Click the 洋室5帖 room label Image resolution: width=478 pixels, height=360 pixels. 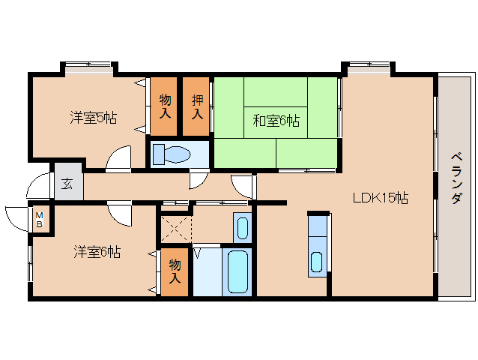point(93,117)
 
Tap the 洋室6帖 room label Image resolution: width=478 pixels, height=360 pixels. point(97,251)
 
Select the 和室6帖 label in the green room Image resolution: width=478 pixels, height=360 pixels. point(276,119)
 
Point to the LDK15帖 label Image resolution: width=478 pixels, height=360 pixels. point(381,199)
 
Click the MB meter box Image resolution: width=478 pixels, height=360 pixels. point(40,220)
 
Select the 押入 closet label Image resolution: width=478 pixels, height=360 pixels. point(197,107)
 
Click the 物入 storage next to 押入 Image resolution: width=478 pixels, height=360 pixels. point(166,107)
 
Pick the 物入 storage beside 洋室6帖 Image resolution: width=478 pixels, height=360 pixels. point(174,271)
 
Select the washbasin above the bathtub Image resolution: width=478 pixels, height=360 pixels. point(241,226)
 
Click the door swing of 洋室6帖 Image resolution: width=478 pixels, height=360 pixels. point(118,213)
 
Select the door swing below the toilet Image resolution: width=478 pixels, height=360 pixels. point(199,178)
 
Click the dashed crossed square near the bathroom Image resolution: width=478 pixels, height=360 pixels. point(175,226)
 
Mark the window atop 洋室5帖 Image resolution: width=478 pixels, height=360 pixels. point(88,69)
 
